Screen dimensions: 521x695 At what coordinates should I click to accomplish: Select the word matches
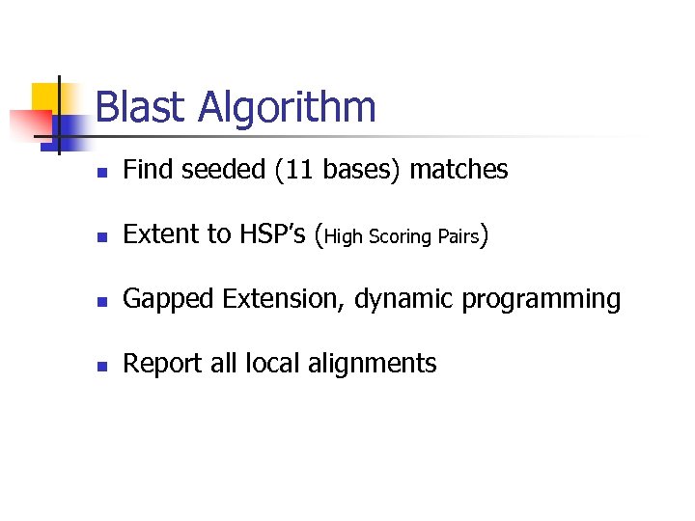[x=459, y=170]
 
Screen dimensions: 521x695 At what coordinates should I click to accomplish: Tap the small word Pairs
[x=455, y=236]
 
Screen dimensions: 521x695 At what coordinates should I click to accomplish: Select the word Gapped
[x=169, y=300]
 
